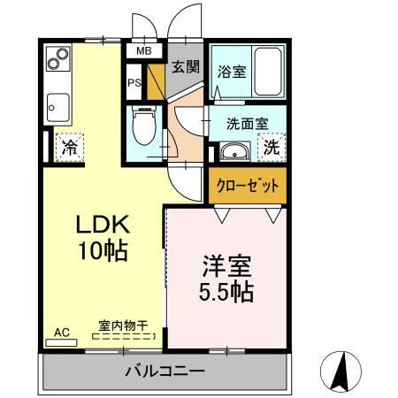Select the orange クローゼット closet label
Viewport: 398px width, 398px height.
click(x=249, y=186)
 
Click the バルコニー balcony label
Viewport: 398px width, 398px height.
click(x=165, y=371)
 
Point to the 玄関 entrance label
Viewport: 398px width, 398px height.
click(x=186, y=66)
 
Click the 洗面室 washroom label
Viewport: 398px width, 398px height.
click(x=238, y=125)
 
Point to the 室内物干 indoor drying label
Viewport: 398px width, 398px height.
click(x=123, y=325)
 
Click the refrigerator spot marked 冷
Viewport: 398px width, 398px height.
click(x=67, y=148)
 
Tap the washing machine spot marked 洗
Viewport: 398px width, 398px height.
click(x=273, y=148)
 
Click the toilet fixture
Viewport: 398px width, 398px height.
click(x=142, y=126)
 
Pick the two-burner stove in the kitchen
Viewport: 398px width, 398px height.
click(x=58, y=58)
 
